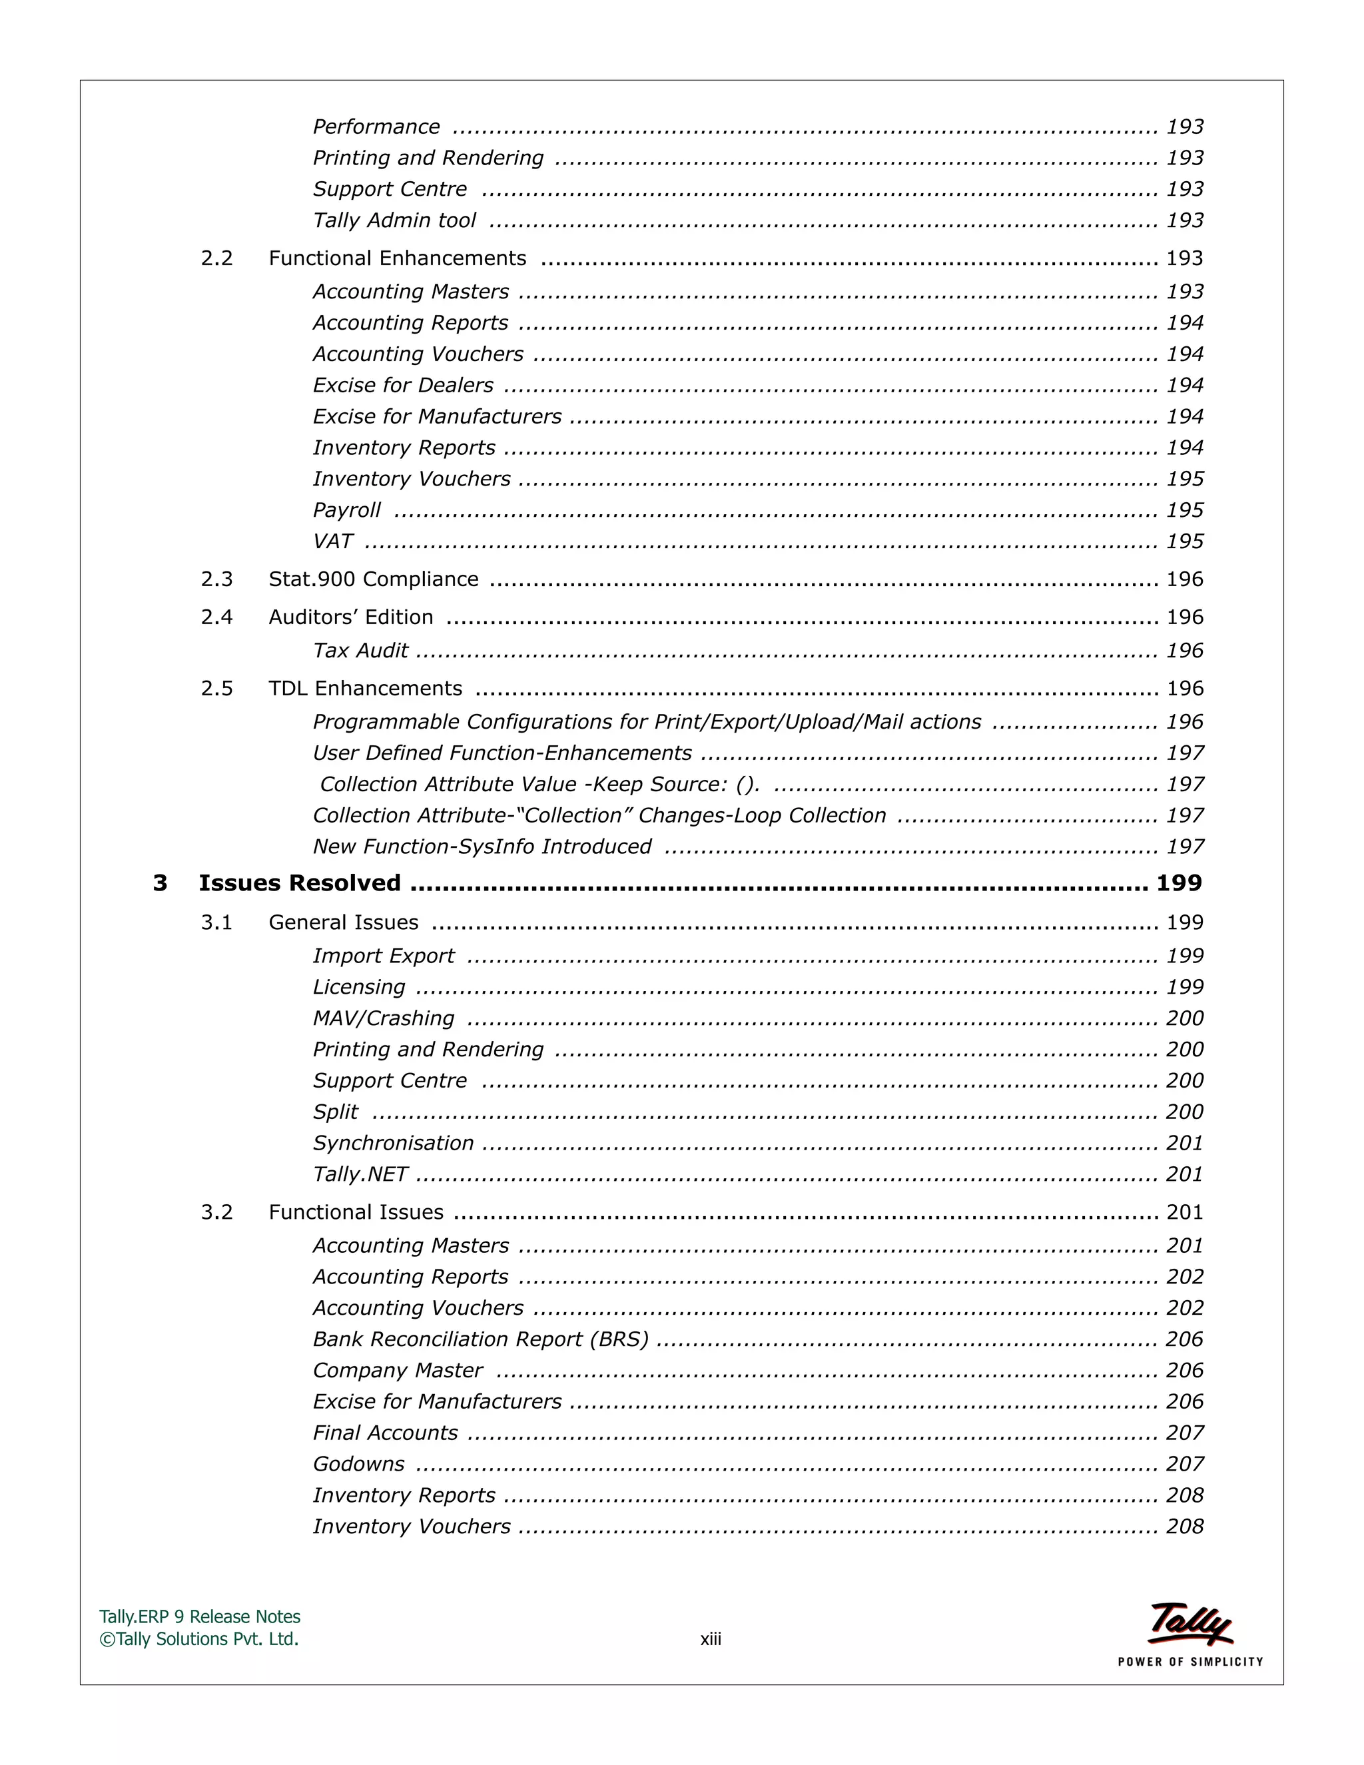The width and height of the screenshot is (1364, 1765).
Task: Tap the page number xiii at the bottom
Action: [710, 1639]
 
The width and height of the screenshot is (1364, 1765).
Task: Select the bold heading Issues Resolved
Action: [299, 882]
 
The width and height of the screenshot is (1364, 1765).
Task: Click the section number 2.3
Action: [216, 579]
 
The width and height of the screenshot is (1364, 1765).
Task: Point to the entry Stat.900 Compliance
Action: [374, 579]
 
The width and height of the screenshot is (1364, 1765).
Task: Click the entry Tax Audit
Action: [360, 651]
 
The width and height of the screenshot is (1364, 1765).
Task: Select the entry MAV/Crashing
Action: [383, 1018]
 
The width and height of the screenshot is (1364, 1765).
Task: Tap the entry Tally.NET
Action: [360, 1174]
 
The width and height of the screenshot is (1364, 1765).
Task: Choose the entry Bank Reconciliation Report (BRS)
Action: [481, 1339]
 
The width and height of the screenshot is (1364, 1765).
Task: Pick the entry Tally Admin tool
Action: [394, 220]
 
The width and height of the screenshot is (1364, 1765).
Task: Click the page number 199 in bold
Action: [1178, 882]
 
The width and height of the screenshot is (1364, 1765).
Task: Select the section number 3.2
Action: [216, 1212]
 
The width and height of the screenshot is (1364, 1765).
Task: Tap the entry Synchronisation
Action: [394, 1143]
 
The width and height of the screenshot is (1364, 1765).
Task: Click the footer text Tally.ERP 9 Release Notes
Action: [200, 1616]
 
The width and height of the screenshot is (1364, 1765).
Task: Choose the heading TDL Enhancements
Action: [365, 689]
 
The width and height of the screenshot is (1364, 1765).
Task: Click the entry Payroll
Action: [346, 510]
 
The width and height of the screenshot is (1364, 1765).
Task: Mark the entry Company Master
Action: [398, 1371]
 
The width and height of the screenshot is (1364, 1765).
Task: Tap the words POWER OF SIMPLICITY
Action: [1190, 1662]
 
